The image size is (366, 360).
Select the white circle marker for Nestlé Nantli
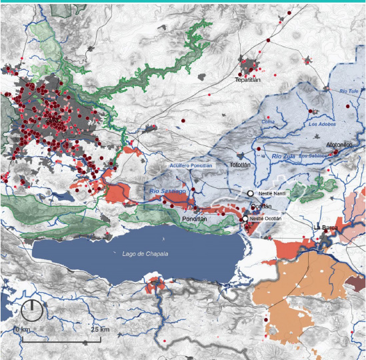coord(251,193)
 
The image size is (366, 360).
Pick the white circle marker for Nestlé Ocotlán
coord(245,219)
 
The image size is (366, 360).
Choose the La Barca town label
coord(326,228)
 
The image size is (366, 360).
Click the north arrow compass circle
coord(31,311)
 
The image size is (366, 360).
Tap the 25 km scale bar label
coord(100,330)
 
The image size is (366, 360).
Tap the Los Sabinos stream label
coord(313,156)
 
